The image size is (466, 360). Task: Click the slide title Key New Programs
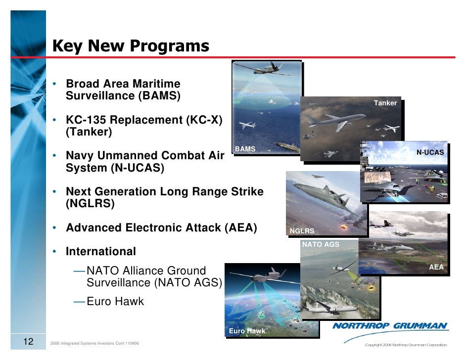tap(131, 46)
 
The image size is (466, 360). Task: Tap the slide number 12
tap(28, 341)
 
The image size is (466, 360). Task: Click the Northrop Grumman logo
tap(390, 326)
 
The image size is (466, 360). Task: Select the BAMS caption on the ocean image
tap(245, 149)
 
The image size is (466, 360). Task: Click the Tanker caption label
tap(385, 103)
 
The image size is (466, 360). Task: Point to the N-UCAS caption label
tap(430, 152)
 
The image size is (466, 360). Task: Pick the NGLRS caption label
tap(301, 231)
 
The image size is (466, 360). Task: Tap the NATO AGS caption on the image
tap(320, 244)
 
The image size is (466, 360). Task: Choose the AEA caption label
tap(436, 267)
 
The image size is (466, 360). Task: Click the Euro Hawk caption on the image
tap(247, 331)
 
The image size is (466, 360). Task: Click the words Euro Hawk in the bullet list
tap(115, 301)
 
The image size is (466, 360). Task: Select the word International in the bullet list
tap(101, 251)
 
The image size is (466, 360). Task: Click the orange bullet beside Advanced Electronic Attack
tap(57, 228)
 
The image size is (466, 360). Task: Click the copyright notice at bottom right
tap(405, 345)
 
